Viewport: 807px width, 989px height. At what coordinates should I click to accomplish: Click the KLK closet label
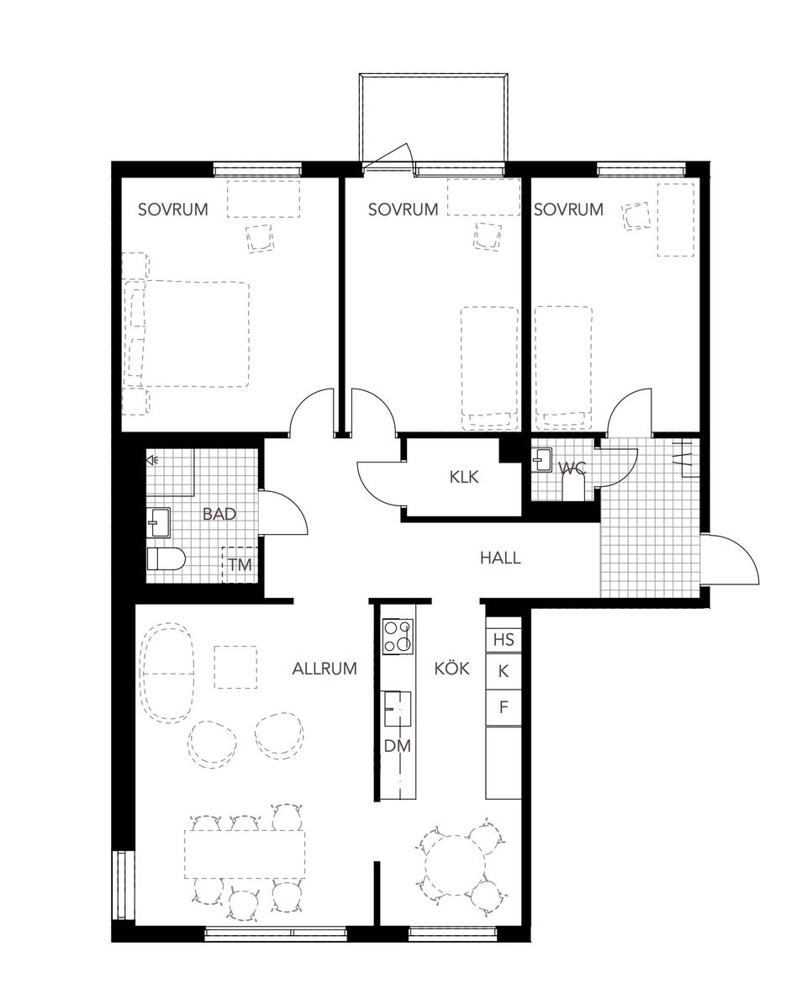[463, 477]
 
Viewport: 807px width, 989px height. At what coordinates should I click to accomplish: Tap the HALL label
[500, 557]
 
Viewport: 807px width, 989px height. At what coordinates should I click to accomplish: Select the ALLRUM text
[324, 669]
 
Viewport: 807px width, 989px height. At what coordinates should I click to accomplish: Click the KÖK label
[451, 669]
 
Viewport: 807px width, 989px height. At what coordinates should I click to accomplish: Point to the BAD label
[219, 514]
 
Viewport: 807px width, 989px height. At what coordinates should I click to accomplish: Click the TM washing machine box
[240, 565]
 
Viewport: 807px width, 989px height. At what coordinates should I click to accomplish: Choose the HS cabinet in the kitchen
[504, 640]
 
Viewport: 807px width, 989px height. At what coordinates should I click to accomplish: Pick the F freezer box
[504, 707]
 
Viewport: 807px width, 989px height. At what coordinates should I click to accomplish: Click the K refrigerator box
[504, 672]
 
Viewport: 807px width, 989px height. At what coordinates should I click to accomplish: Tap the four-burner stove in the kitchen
[398, 636]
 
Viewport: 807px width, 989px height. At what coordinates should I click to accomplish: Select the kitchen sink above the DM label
[398, 708]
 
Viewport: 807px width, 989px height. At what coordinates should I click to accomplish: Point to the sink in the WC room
[542, 460]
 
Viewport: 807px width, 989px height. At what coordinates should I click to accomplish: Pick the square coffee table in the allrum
[235, 667]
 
